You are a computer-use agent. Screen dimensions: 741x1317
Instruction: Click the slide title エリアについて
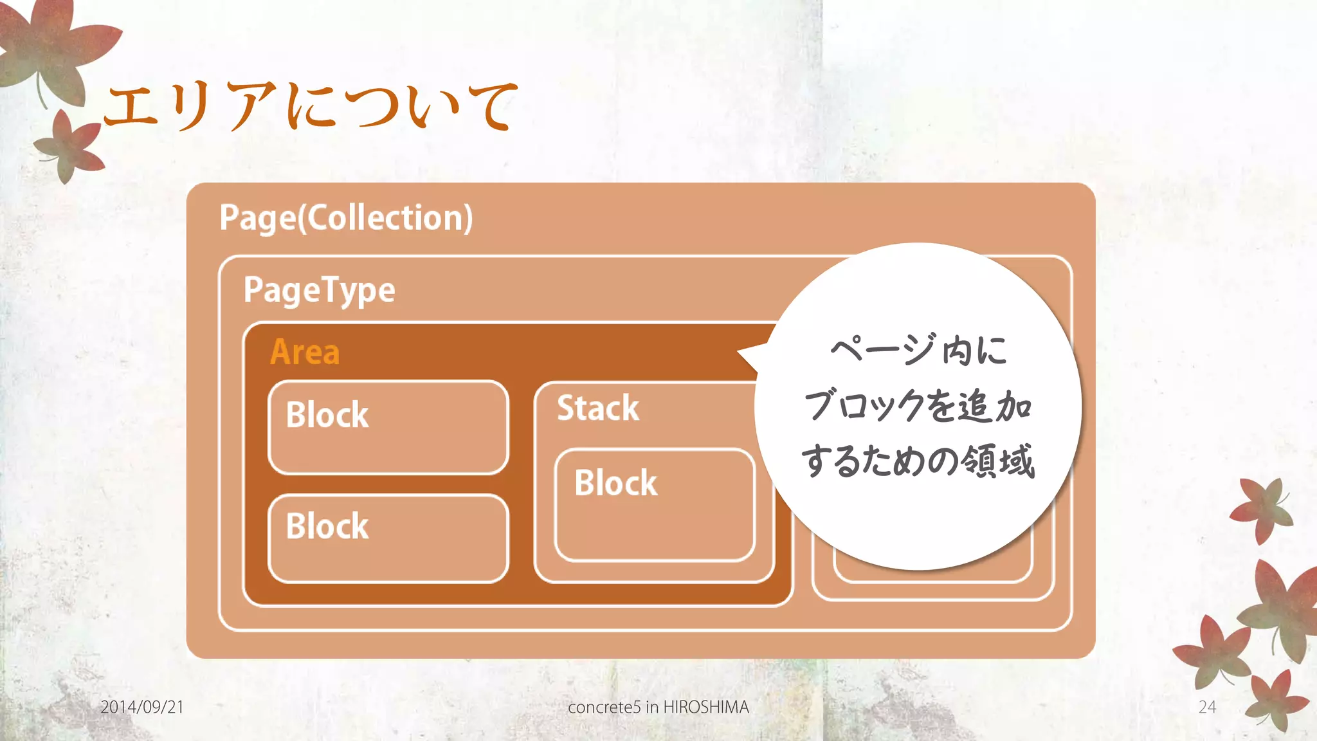click(310, 106)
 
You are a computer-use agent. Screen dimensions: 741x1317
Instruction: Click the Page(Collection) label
click(346, 217)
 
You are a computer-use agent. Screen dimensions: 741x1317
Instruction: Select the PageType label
click(319, 290)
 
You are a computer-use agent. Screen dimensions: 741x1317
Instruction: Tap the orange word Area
click(305, 352)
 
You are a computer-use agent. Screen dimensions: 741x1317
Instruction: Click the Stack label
click(598, 408)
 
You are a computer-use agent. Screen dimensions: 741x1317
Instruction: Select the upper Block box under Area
click(388, 428)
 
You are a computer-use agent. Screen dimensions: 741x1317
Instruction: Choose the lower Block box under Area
click(388, 539)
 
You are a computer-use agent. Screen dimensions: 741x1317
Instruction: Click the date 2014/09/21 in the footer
click(142, 707)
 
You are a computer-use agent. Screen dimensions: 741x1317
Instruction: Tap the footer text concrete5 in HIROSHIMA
click(658, 707)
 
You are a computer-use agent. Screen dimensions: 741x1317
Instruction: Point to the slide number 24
click(1207, 707)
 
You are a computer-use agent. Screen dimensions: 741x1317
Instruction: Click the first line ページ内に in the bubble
click(918, 351)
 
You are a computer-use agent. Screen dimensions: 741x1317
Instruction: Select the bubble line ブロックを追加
click(918, 406)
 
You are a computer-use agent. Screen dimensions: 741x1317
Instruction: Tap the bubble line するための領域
click(918, 461)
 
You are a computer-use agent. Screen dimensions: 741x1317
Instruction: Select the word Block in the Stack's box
click(615, 483)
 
